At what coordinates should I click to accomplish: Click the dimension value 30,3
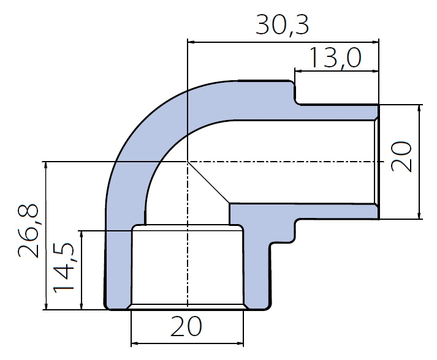282,25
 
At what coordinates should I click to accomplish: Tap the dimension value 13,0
335,58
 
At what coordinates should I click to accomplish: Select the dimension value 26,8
28,231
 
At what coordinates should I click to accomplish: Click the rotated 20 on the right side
401,157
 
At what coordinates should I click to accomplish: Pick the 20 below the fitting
186,326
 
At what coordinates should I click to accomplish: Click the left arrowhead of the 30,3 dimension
192,42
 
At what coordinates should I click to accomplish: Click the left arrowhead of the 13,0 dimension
299,71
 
